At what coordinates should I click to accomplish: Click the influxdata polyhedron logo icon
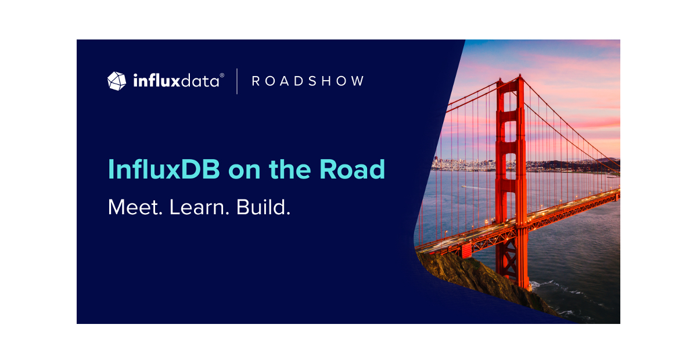click(x=117, y=81)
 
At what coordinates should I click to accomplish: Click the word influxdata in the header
click(x=176, y=81)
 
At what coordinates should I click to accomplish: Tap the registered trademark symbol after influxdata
click(x=222, y=75)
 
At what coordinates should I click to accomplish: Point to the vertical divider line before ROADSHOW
click(x=237, y=81)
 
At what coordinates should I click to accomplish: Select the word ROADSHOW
click(x=308, y=81)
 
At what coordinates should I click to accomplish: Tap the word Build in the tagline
click(x=263, y=207)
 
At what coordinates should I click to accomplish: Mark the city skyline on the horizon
click(x=459, y=164)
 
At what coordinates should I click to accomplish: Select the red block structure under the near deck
click(x=466, y=250)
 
